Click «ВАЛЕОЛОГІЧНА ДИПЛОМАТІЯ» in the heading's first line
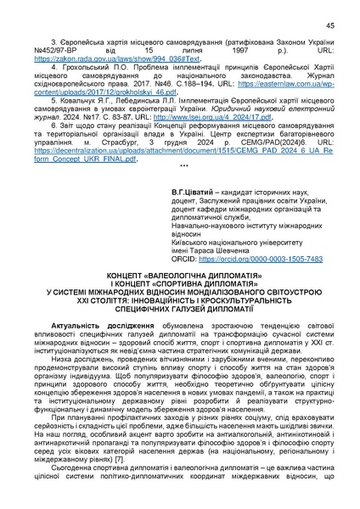click(198, 277)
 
